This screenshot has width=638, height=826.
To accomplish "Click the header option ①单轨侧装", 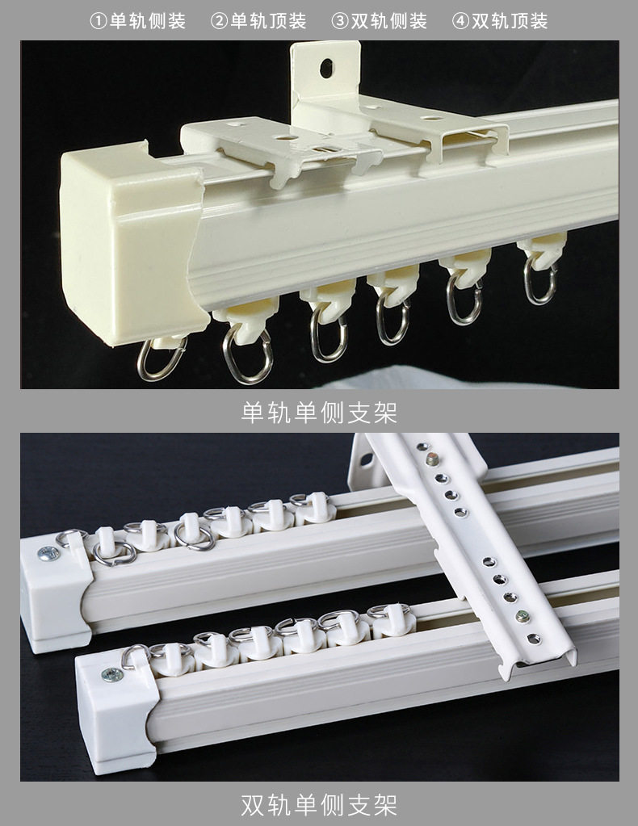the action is (137, 21).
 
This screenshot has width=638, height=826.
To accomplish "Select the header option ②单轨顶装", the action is (258, 21).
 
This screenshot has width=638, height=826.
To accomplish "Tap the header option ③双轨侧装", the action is (379, 21).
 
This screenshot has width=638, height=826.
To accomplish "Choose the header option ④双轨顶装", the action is (500, 21).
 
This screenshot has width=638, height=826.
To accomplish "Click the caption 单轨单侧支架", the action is (319, 413).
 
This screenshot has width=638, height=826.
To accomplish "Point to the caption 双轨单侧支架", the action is (319, 805).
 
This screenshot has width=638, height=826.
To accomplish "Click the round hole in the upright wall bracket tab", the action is (326, 68).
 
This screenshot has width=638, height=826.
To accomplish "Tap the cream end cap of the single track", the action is (132, 242).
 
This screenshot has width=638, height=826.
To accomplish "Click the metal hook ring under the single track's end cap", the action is (162, 358).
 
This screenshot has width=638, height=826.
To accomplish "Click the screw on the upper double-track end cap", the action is (48, 553).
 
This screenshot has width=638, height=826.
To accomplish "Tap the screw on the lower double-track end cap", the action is (112, 674).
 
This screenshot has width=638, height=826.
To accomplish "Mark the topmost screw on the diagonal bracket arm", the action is (433, 460).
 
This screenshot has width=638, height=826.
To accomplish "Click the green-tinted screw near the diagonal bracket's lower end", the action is (523, 615).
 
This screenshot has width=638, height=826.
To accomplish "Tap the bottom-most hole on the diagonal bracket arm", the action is (534, 639).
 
